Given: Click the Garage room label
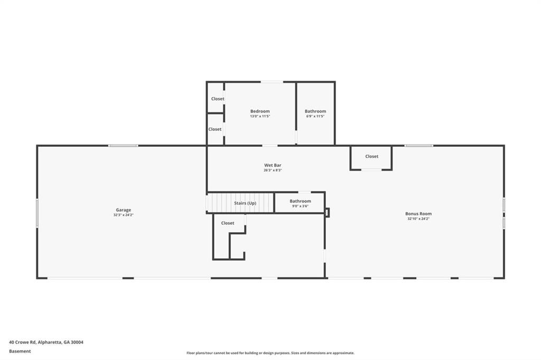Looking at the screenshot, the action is pos(123,210).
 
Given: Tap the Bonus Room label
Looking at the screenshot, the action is pos(418,213).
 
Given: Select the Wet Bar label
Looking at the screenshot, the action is pos(273,165).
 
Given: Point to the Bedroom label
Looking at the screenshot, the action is pos(260,111).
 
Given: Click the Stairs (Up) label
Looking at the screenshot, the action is pos(245,203).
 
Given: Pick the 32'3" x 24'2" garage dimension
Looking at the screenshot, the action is pos(123,215).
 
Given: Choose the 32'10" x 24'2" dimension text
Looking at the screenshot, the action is pos(418,219).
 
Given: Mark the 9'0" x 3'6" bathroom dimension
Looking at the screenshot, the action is pos(300,206).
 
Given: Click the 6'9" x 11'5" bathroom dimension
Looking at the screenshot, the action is pos(315,116).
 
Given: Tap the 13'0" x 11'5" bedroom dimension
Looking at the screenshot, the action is pos(260,116).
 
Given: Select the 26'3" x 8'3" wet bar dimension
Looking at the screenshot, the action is pos(273,170).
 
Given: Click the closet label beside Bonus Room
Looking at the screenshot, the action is pos(371,156).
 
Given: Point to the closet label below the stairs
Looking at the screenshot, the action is pos(227,223).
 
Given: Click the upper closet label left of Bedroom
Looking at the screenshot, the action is pos(217,99).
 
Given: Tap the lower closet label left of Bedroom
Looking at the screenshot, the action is pos(214,129).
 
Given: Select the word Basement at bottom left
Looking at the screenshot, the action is pos(20,352).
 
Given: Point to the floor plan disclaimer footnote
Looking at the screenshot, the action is pos(270,353).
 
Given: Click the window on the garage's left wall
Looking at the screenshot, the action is pos(38,213).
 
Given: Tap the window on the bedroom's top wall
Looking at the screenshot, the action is pos(272,82).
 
